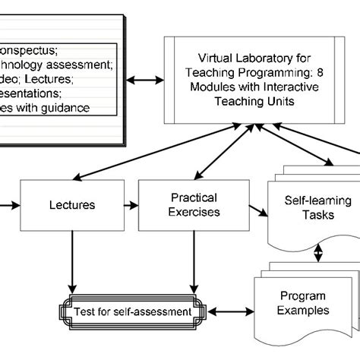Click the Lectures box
click(x=72, y=205)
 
